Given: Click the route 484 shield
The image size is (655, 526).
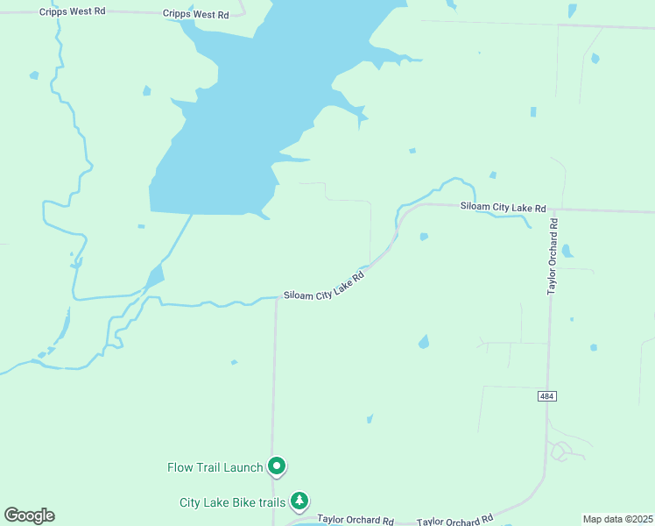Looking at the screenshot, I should (x=547, y=397).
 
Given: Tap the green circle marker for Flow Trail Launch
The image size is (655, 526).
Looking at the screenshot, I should (x=277, y=466).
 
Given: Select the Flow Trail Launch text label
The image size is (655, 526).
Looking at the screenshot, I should (x=215, y=467).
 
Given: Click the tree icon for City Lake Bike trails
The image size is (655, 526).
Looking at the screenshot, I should (x=299, y=501).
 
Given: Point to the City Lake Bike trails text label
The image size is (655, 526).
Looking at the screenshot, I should (x=232, y=502).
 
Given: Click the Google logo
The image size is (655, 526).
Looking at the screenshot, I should (x=29, y=515).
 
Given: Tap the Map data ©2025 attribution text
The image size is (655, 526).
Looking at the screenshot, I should (x=617, y=519).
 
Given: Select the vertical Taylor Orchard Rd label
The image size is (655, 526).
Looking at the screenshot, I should (x=553, y=256).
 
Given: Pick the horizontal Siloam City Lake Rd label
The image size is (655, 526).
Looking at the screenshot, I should (x=504, y=208).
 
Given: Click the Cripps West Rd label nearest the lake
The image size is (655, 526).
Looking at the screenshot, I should (x=195, y=15).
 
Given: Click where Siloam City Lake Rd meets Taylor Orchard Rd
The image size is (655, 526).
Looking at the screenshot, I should (x=553, y=210).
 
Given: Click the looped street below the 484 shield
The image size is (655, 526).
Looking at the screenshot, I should (x=560, y=451).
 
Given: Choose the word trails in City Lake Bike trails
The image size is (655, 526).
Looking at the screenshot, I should (x=271, y=502).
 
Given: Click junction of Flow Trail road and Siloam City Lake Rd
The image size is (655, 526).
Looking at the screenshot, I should (x=276, y=299).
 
